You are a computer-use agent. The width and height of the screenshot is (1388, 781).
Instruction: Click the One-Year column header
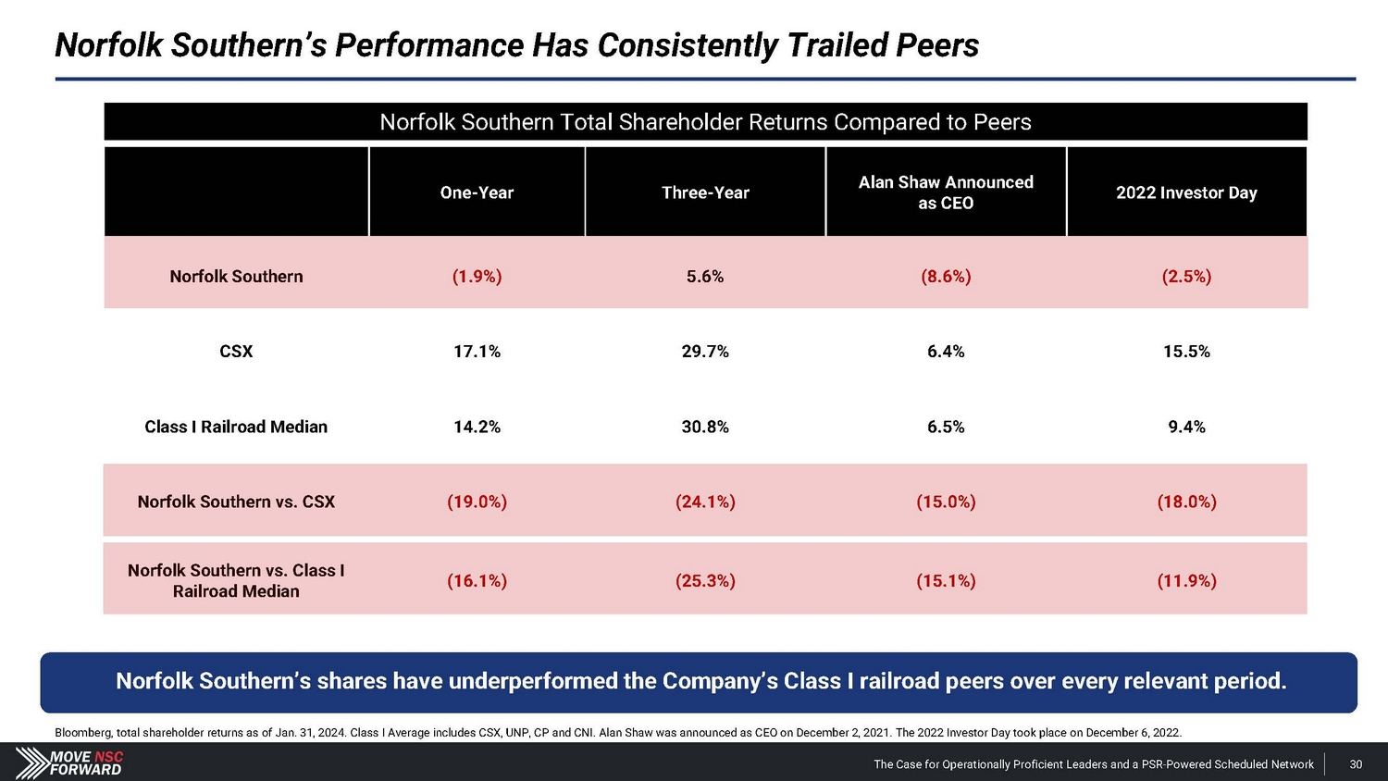[477, 192]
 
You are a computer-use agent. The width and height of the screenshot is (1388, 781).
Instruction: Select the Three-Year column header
[705, 192]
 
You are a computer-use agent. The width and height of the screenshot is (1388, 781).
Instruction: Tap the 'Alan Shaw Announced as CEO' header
[946, 192]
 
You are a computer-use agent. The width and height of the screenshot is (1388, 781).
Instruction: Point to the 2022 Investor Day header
[1186, 192]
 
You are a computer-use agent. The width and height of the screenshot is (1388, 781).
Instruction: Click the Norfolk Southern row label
[236, 277]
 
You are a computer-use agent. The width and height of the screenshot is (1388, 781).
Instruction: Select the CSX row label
[236, 352]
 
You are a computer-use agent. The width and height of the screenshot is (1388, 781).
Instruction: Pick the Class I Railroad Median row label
[236, 427]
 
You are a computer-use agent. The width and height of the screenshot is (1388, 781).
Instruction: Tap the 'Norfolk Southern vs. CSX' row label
[236, 502]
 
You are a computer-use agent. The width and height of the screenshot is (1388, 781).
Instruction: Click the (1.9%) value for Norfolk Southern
[477, 277]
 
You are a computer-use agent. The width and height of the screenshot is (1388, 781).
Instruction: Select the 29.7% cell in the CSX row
[705, 352]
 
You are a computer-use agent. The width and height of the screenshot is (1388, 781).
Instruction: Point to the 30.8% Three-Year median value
[705, 427]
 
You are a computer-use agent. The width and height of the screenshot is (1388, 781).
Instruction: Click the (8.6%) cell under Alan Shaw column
[946, 277]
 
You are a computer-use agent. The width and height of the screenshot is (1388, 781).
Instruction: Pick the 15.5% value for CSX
[1186, 352]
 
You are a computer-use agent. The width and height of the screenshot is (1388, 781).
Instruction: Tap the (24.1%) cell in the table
[705, 502]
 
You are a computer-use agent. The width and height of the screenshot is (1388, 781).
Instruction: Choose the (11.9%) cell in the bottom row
[1186, 581]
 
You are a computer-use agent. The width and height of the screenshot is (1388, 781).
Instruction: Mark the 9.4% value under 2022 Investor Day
[1186, 427]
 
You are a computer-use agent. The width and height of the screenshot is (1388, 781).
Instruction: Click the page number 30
[1356, 764]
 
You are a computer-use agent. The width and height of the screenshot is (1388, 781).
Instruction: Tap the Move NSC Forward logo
[69, 763]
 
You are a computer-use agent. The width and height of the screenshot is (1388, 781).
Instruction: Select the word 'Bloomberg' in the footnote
[83, 733]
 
